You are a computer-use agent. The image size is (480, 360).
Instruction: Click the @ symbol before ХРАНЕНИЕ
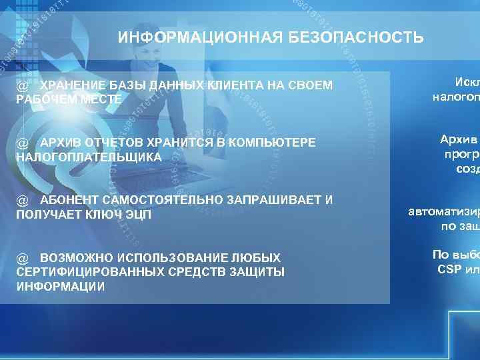pos(22,87)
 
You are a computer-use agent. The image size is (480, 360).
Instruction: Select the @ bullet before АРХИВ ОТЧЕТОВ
pos(22,143)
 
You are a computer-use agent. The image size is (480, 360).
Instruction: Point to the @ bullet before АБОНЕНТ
pos(22,201)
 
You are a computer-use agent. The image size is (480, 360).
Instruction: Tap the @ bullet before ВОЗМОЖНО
pos(22,258)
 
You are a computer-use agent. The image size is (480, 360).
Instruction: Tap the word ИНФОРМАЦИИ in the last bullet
pos(60,286)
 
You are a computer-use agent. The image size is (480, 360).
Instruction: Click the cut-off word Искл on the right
pos(466,83)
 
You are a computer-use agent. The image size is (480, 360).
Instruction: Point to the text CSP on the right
pos(450,269)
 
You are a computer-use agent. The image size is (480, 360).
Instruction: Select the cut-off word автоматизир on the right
pos(443,213)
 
